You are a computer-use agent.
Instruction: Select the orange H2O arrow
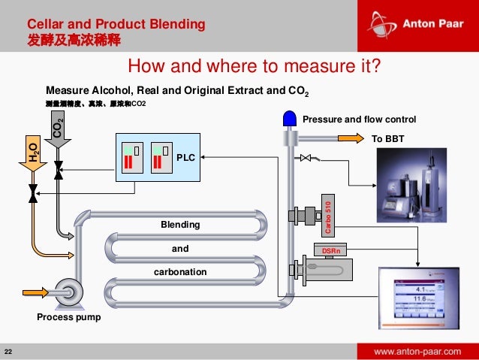coord(32,152)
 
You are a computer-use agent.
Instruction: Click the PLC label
coord(185,158)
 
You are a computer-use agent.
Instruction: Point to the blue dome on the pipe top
coord(289,118)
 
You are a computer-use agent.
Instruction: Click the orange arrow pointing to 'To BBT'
coord(349,138)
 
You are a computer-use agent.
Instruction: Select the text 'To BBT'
coord(387,138)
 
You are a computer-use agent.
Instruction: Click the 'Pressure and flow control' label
coord(359,119)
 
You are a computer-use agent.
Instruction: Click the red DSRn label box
coord(331,250)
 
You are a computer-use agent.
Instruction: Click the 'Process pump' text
coord(68,317)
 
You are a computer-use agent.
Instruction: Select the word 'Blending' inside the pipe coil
coord(180,225)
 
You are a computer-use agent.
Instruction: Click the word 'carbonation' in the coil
coord(180,271)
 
